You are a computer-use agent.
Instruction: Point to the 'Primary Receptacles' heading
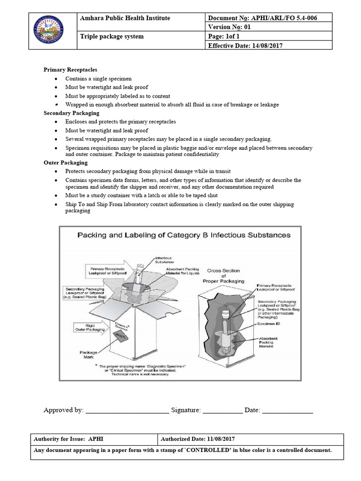coord(71,70)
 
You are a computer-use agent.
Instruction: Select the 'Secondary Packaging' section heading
coord(71,113)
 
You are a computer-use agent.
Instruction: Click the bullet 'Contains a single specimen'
coord(98,78)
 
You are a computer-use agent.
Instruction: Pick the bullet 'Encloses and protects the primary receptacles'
coord(120,122)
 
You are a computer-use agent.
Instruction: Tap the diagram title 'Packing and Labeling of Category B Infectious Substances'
coord(184,235)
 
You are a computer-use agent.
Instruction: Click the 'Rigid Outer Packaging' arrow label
coord(92,326)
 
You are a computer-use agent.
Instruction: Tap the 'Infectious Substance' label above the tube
coord(164,260)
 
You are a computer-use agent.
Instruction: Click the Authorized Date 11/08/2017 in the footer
coord(197,439)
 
